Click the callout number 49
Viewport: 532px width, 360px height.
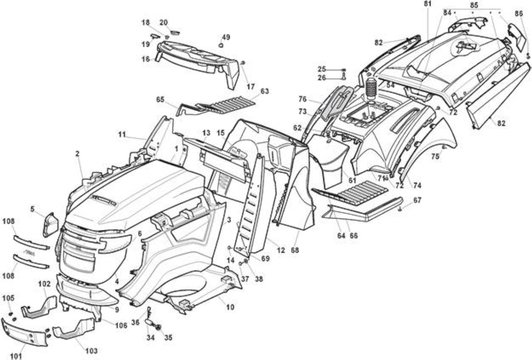[225, 37]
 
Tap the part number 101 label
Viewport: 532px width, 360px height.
[16, 356]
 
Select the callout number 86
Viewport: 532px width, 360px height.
[518, 13]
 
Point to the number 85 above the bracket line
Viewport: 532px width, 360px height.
[473, 5]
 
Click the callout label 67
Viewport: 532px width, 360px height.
[417, 200]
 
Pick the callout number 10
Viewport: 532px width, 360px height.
[230, 307]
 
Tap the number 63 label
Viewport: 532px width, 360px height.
[265, 91]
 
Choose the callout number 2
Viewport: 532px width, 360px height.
[77, 153]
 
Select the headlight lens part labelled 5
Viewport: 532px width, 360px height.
[50, 224]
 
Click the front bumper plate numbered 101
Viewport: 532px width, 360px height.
[26, 333]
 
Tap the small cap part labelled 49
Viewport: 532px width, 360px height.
[221, 45]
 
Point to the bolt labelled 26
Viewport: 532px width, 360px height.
[343, 75]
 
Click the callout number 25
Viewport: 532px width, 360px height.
[322, 69]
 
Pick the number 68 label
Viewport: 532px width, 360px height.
[295, 250]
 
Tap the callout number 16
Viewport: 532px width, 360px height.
[145, 58]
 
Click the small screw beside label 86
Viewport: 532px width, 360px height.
[528, 55]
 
